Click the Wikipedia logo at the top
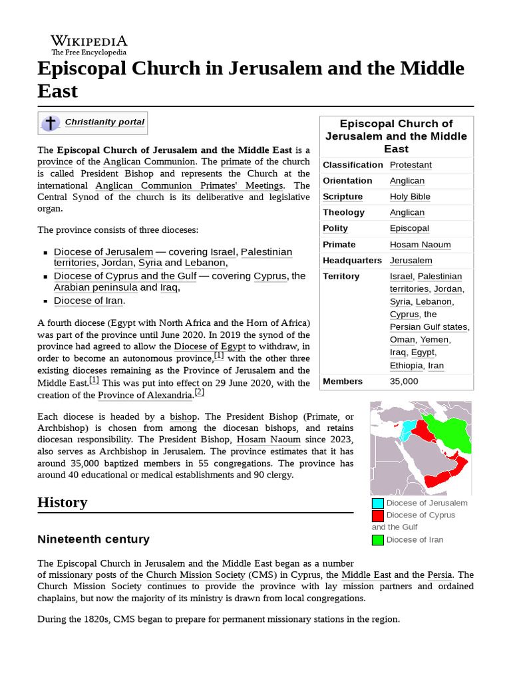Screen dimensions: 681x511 coord(88,45)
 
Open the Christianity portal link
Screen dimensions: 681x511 coord(104,122)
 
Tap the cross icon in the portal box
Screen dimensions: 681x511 coord(51,123)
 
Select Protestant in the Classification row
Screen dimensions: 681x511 coord(411,165)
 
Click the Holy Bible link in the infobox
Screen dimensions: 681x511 coord(410,197)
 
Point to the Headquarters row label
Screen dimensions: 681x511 coord(352,261)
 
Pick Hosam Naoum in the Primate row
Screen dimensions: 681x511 coord(420,245)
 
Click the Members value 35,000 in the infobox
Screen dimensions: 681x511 coord(404,382)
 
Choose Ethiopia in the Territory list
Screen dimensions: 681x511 coord(406,366)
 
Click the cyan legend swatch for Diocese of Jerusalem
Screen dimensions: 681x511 coord(377,503)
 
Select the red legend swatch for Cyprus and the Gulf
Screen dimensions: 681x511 coord(377,515)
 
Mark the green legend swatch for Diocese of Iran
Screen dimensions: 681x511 coord(377,540)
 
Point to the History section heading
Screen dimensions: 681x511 coord(63,502)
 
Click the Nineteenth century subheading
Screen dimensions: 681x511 coord(93,539)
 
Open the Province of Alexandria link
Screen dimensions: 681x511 coord(145,396)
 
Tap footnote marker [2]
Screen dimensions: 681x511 coord(199,393)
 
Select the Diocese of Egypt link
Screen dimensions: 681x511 coord(210,346)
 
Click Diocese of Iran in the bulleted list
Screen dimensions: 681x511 coord(88,301)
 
